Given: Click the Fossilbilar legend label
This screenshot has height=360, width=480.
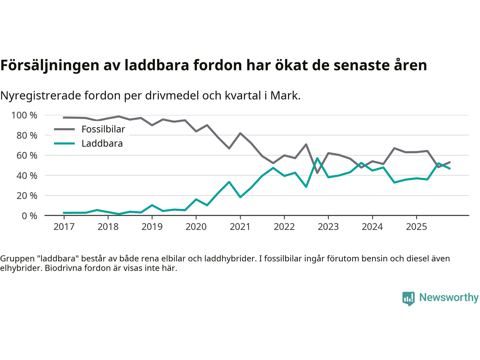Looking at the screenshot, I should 103,129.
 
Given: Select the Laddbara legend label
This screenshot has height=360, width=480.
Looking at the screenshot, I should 102,144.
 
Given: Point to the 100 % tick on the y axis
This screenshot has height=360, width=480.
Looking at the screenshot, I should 24,115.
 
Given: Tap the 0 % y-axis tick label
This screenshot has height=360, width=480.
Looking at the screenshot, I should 29,216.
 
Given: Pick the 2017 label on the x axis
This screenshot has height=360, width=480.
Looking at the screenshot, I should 64,227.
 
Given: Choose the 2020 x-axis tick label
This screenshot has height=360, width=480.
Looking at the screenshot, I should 196,227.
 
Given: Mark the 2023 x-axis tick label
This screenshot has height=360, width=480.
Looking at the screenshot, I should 328,227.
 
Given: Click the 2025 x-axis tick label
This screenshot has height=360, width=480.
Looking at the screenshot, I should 416,227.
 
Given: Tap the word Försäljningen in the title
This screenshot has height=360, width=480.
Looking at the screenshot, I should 45,65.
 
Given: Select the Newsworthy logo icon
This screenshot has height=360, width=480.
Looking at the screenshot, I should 408,298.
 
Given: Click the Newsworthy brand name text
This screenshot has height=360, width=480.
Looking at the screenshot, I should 449,297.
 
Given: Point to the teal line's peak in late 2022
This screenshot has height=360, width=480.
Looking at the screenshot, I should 317,158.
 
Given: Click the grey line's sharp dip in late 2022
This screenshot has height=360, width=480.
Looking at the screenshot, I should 317,173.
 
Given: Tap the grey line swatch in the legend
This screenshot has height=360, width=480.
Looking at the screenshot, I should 64,129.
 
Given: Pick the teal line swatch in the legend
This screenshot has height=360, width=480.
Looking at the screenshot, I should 64,144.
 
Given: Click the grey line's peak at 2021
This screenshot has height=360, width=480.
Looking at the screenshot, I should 240,133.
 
